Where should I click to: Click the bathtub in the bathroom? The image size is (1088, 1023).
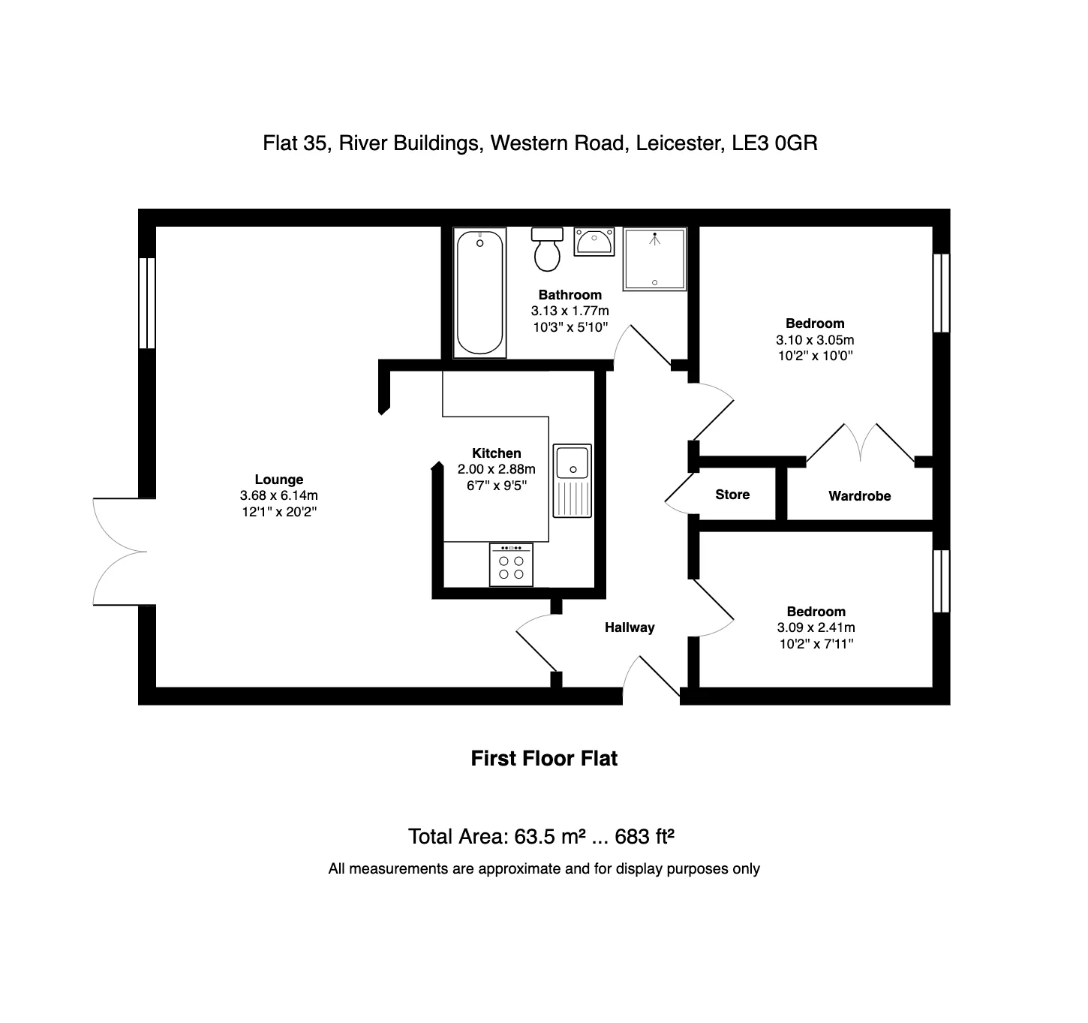pos(479,293)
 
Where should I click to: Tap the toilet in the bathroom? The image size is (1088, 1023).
pos(547,249)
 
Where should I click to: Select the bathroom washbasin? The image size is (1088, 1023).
pos(594,242)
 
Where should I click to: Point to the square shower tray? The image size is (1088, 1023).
pos(654,259)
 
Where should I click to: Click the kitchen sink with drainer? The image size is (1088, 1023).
pos(572,481)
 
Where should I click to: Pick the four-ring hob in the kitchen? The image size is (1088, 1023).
pos(510,564)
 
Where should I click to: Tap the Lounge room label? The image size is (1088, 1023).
pos(279,479)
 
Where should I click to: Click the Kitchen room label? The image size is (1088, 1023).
pos(496,453)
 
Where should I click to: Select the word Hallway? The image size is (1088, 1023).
pos(630,627)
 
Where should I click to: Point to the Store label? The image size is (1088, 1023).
pos(732,494)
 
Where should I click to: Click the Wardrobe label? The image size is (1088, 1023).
pos(859,495)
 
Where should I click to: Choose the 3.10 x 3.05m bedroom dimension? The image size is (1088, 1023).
pos(815,340)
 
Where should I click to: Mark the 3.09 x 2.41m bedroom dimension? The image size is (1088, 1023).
pos(816,627)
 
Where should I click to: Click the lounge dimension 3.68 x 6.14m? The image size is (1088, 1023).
pos(279,495)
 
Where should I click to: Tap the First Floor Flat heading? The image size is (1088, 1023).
pos(544,758)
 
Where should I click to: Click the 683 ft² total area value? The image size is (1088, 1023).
pos(645,836)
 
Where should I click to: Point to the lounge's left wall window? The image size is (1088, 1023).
pos(147,302)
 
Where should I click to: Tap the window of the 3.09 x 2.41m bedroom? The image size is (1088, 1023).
pos(941,581)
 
